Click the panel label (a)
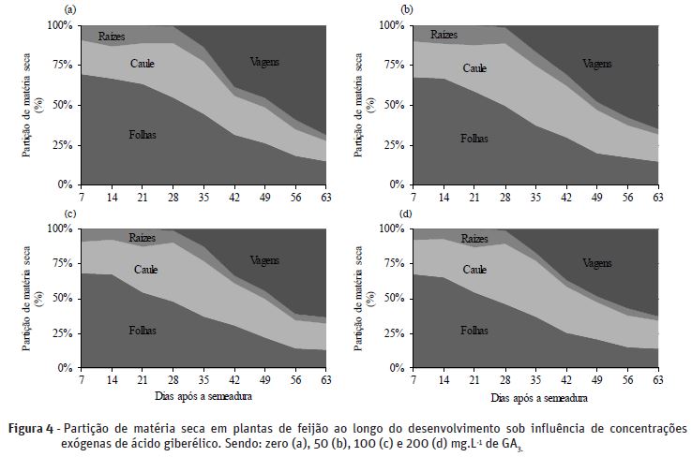coord(68,8)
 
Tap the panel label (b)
coord(406,8)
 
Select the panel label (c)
coord(68,213)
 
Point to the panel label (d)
coord(406,213)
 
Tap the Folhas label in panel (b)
coord(474,138)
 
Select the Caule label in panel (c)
coord(145,270)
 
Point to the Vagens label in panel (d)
coord(595,263)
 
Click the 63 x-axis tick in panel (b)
coord(657,196)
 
